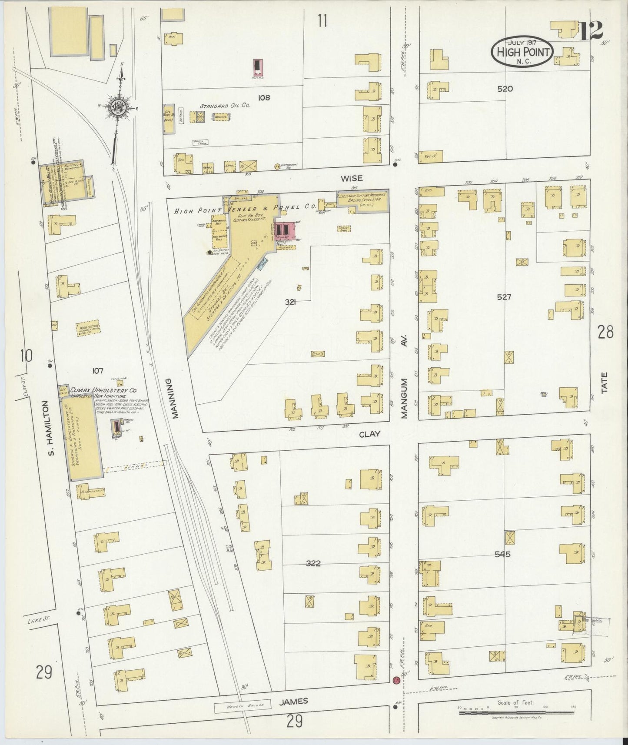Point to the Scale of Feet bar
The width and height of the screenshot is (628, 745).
tap(516, 712)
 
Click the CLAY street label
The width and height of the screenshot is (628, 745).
tap(369, 434)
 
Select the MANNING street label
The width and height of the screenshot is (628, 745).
tap(175, 398)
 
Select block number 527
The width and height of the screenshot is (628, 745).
tap(504, 297)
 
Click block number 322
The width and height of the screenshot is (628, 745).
tap(313, 563)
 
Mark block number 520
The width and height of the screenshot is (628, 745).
tap(505, 89)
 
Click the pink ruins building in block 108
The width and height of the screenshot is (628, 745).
tap(258, 67)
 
